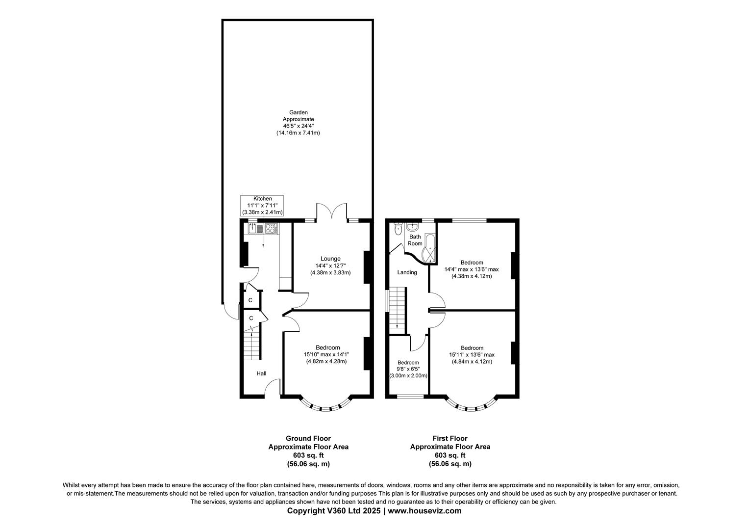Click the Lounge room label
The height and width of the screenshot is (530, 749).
[x=330, y=259]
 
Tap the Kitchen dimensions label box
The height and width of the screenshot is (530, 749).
[x=262, y=206]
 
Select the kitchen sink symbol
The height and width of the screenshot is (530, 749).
[x=255, y=229]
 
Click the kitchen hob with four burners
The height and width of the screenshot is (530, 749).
[x=271, y=229]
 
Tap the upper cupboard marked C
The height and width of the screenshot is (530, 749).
[x=250, y=300]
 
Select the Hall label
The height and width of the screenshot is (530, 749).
[x=261, y=373]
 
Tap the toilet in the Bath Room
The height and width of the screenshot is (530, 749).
[x=398, y=229]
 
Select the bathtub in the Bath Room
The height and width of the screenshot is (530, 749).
[x=430, y=248]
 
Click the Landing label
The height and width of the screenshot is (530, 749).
[x=407, y=272]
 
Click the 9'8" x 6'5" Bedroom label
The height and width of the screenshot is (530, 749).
[x=408, y=369]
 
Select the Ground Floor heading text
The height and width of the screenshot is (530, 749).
[x=308, y=438]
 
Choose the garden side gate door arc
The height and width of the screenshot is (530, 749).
[x=229, y=312]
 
